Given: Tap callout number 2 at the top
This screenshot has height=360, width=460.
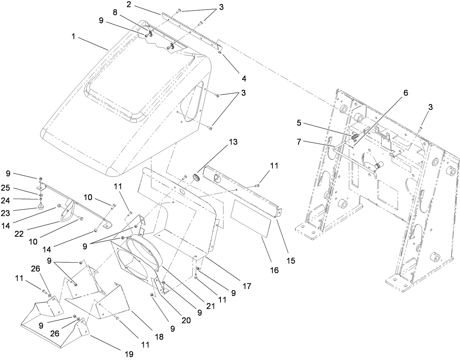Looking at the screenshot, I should click(x=129, y=4).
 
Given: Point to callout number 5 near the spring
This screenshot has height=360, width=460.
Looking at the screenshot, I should click(x=299, y=123).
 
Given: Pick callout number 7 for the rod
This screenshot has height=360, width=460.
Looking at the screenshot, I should click(x=299, y=142).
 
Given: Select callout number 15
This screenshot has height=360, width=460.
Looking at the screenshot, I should click(x=291, y=261).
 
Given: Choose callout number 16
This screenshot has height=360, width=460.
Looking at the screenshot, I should click(x=274, y=270).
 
